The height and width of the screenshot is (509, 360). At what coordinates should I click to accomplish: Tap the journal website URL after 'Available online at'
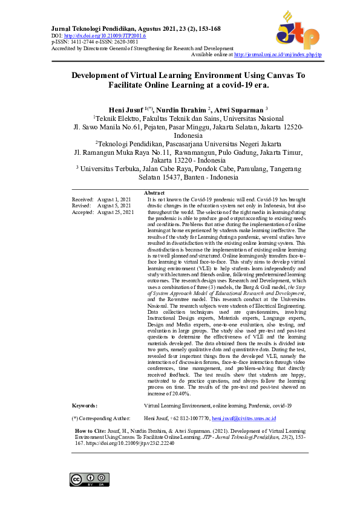click(277, 54)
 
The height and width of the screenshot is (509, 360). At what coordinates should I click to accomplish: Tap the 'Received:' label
click(82, 199)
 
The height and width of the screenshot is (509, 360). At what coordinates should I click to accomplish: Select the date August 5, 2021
click(115, 206)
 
